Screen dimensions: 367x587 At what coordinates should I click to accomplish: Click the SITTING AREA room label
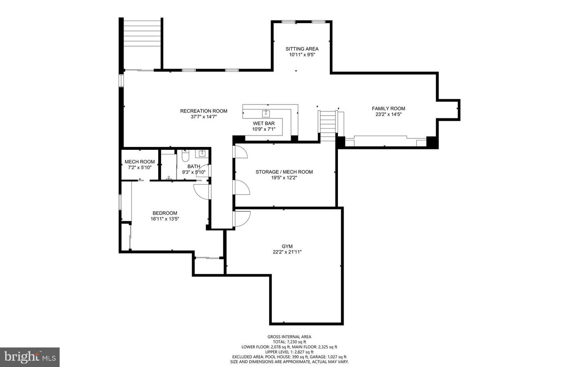tap(302, 49)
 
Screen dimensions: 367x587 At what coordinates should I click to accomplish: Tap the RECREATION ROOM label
tap(204, 111)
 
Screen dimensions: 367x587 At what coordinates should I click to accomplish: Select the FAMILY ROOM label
tap(388, 109)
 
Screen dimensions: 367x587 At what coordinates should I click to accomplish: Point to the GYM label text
tap(287, 247)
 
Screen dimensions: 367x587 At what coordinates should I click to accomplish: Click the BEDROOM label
tap(165, 213)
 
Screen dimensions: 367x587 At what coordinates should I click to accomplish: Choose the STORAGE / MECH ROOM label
tap(284, 172)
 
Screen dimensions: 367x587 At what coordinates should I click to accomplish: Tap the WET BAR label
tap(264, 123)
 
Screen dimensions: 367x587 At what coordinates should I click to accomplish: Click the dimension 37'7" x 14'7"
tap(204, 117)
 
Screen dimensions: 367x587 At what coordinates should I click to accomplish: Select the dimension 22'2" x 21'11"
tap(287, 252)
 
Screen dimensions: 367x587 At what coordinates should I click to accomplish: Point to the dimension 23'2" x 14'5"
tap(388, 115)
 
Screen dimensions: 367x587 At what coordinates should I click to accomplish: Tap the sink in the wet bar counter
tap(267, 112)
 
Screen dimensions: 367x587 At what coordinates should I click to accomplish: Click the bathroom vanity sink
tap(202, 153)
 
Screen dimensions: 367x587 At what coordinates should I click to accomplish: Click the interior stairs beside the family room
tap(327, 122)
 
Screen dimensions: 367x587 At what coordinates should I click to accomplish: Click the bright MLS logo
tap(30, 357)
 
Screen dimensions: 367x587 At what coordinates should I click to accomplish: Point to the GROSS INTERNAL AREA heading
tap(289, 337)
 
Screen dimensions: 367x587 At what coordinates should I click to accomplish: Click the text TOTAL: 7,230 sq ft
tap(289, 342)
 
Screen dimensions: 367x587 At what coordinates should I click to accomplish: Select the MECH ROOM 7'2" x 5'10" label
tap(139, 165)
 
